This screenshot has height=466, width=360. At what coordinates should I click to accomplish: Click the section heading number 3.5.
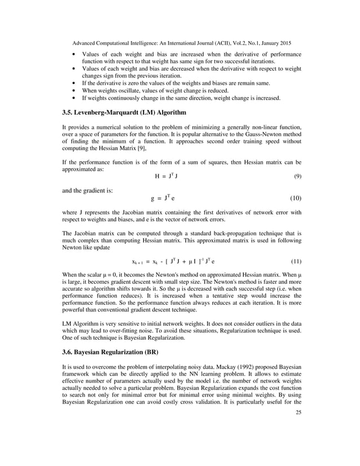click(x=68, y=112)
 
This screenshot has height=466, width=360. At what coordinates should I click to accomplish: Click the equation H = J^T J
click(x=168, y=177)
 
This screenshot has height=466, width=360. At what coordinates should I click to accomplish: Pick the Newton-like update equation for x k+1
click(x=173, y=262)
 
